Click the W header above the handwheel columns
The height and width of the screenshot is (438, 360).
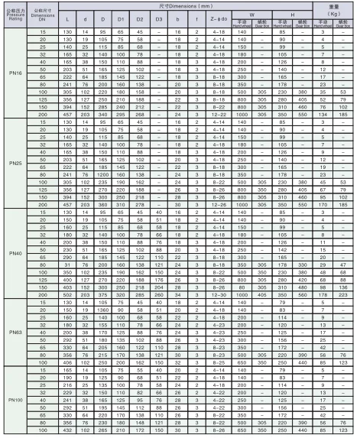coord(252,12)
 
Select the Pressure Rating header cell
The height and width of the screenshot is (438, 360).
coord(12,12)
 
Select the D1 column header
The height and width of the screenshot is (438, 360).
coord(120,16)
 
